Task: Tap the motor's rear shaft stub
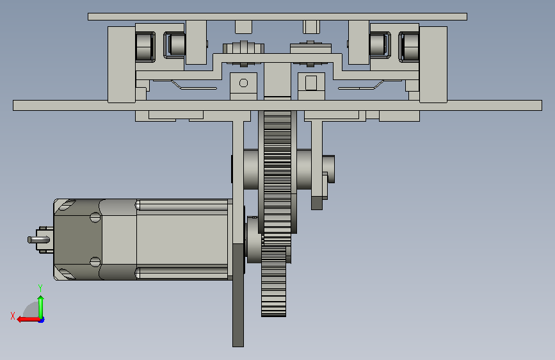(38, 240)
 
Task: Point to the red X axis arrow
(29, 320)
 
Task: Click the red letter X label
(13, 316)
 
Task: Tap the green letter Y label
(40, 288)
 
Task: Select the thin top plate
(278, 17)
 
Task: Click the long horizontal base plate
(278, 105)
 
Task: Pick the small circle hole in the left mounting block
(243, 83)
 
